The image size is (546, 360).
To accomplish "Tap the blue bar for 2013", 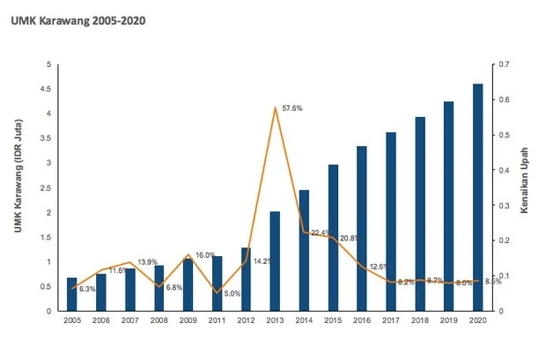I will pyautogui.click(x=275, y=261).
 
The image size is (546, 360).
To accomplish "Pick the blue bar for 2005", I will pyautogui.click(x=72, y=294).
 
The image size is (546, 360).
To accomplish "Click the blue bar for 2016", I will pyautogui.click(x=362, y=228).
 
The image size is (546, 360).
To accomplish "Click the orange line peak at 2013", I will pyautogui.click(x=275, y=107).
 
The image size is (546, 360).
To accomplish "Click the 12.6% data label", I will pyautogui.click(x=380, y=267).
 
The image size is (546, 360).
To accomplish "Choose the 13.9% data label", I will pyautogui.click(x=148, y=262).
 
